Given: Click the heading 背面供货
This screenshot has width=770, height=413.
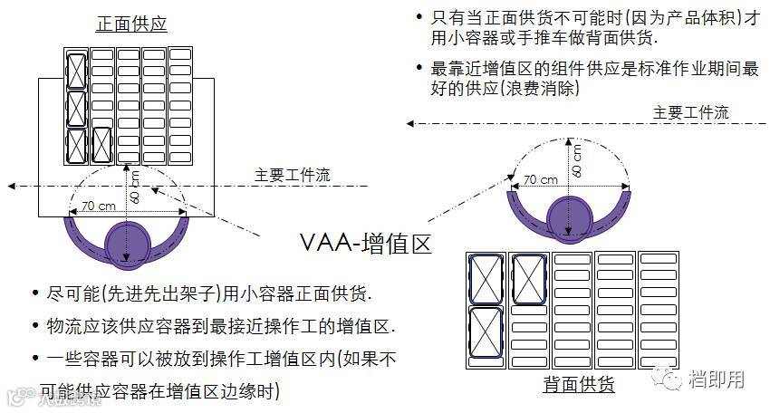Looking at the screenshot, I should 579,384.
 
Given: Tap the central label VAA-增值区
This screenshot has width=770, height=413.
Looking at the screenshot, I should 364,243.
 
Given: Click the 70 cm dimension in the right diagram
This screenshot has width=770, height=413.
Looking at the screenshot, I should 540,179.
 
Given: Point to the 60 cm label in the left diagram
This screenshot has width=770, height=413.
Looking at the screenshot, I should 135,186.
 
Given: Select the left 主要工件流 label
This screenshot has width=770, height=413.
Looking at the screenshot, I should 292,176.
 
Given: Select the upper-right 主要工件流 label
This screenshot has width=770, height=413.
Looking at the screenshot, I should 690,112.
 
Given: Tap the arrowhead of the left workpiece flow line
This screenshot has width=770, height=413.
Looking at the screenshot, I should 12,187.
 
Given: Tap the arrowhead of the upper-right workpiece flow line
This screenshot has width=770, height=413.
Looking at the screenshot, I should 410,123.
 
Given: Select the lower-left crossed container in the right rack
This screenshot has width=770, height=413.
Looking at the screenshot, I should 486,331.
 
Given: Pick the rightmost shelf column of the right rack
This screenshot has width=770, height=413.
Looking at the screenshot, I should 659,309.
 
